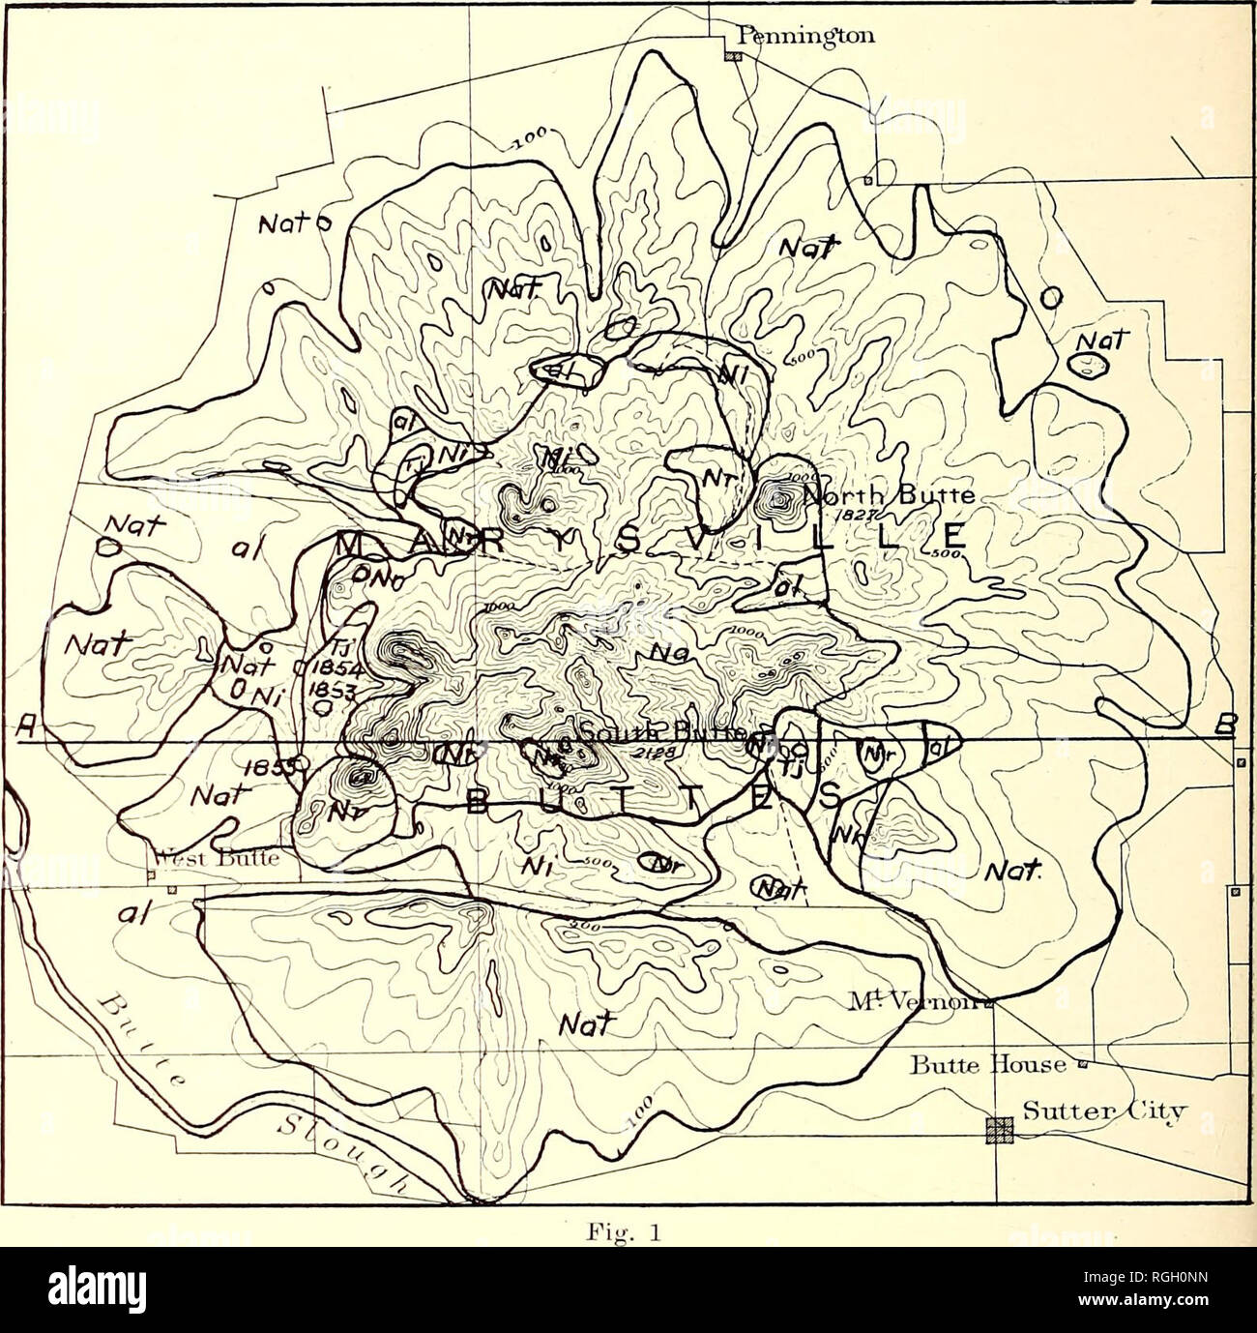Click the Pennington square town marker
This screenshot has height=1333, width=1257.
734,56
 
